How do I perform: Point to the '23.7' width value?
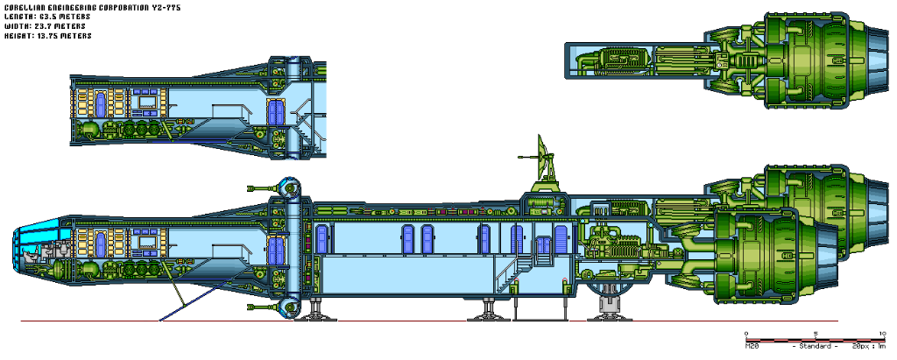[43, 25]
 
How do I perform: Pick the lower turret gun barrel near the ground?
[259, 306]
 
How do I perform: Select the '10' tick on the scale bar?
[881, 333]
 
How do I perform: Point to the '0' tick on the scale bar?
[745, 333]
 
